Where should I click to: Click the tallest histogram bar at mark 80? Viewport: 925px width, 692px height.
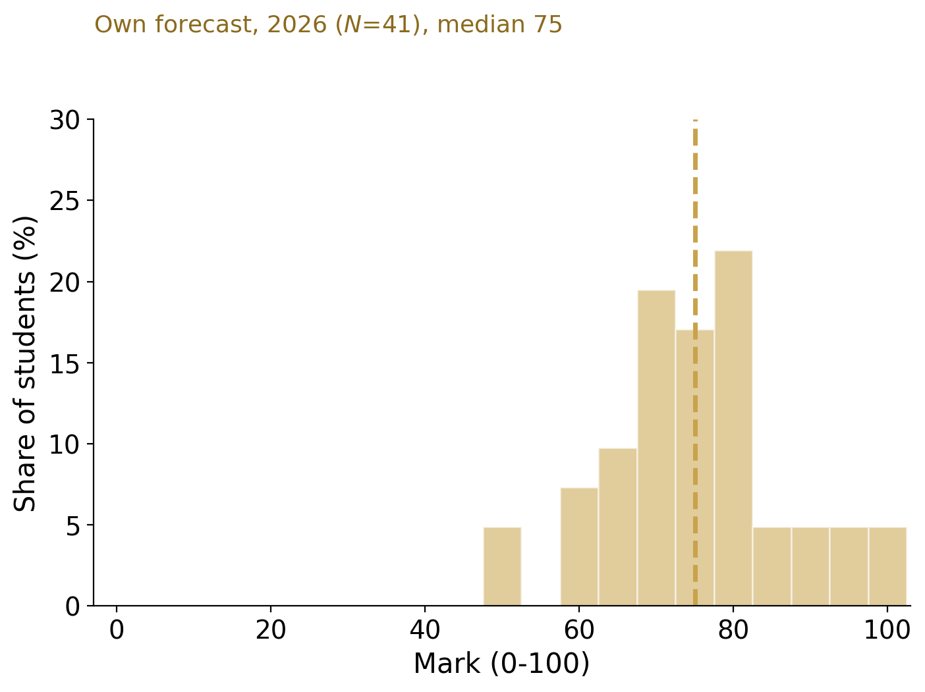(733, 429)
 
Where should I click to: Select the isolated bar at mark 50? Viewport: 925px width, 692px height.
(502, 566)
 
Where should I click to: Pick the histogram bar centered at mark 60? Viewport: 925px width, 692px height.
(579, 546)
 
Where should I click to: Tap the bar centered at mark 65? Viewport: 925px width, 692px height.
(618, 527)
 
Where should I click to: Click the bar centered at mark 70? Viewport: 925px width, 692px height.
(656, 448)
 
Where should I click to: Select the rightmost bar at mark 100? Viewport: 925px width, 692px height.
(887, 566)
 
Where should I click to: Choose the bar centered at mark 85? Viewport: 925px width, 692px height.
(772, 566)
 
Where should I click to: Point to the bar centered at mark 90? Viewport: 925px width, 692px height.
(810, 566)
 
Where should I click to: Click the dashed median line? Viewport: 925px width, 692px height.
(695, 363)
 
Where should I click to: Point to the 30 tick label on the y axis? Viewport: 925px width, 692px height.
(65, 120)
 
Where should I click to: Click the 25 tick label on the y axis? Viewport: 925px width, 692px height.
(65, 201)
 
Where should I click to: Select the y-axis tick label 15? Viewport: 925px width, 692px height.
(65, 363)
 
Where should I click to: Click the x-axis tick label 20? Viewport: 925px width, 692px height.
(271, 631)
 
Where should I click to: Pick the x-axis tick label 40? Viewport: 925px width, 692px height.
(425, 631)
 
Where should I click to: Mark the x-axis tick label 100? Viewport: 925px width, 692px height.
(887, 631)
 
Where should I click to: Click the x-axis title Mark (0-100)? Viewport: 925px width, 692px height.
(501, 664)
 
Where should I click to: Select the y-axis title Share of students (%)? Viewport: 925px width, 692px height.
(24, 364)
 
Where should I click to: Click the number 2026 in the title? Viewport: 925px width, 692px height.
(296, 24)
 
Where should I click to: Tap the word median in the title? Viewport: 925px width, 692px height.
(481, 24)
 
